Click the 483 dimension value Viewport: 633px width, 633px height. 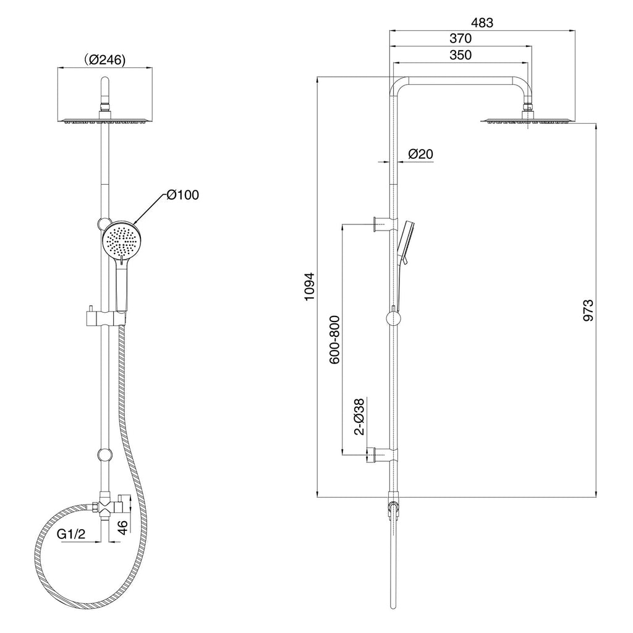click(x=482, y=23)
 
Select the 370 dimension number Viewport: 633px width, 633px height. click(x=461, y=38)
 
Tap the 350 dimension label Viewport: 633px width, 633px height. click(x=461, y=54)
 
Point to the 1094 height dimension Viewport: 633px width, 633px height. click(x=309, y=286)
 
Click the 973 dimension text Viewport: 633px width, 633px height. click(x=588, y=310)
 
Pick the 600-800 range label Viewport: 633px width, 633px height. click(x=334, y=340)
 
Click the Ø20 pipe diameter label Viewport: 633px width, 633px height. click(x=420, y=154)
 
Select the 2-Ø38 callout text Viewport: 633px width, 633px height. click(x=359, y=417)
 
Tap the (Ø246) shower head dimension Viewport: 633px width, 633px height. click(x=105, y=60)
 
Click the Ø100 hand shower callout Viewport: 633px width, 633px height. click(x=183, y=195)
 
